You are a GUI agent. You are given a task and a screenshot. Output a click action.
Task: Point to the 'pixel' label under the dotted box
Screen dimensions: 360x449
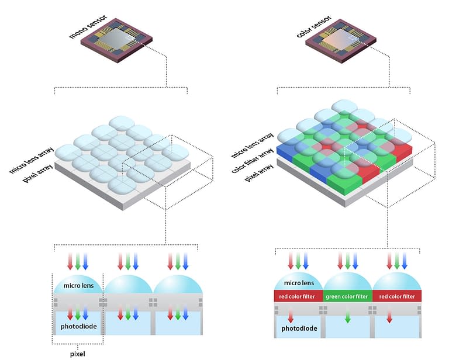click(x=77, y=353)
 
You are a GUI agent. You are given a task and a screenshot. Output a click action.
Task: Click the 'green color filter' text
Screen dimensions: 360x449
click(x=347, y=296)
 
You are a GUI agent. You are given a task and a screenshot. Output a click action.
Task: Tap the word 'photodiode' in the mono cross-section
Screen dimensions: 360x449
click(x=77, y=326)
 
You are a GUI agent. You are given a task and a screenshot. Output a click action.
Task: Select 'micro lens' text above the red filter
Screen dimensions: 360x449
click(x=298, y=283)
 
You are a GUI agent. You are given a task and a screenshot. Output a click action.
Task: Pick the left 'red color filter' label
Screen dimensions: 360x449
click(x=298, y=296)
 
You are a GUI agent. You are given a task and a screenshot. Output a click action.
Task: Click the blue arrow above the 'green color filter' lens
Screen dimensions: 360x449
click(x=355, y=261)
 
